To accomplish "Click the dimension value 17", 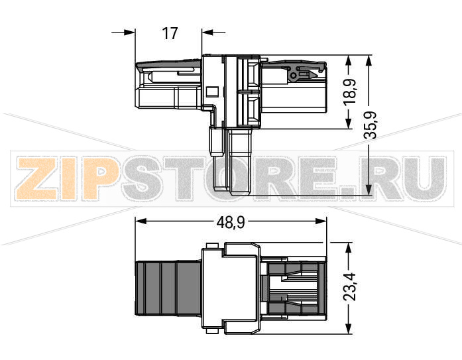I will click(x=170, y=32).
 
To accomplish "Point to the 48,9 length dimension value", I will click(x=231, y=223).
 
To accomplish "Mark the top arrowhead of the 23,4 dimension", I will click(x=347, y=247).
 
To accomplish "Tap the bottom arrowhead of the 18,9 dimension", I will click(x=349, y=124).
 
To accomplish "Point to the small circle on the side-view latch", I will click(x=290, y=76).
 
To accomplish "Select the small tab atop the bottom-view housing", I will click(x=212, y=247).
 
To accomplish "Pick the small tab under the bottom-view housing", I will click(x=212, y=325).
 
